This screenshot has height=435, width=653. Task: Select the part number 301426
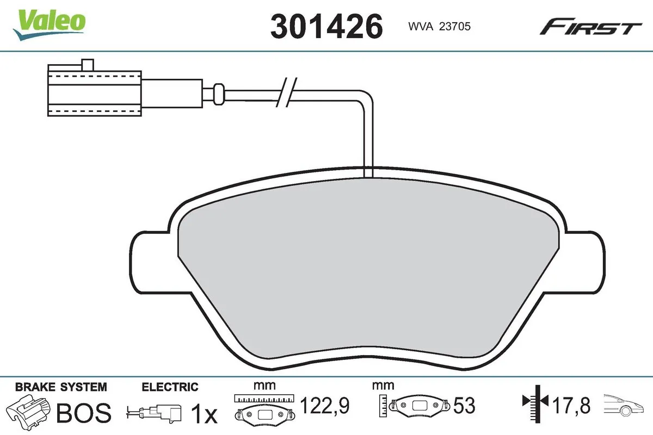click(x=326, y=26)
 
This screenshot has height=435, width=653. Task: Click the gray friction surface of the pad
click(x=370, y=272)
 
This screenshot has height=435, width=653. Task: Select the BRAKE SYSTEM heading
click(x=61, y=387)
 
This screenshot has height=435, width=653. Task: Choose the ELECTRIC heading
click(x=170, y=387)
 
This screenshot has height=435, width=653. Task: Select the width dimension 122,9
click(x=325, y=405)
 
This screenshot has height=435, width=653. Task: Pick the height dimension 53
click(x=464, y=405)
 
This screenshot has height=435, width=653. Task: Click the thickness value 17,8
click(x=571, y=405)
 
